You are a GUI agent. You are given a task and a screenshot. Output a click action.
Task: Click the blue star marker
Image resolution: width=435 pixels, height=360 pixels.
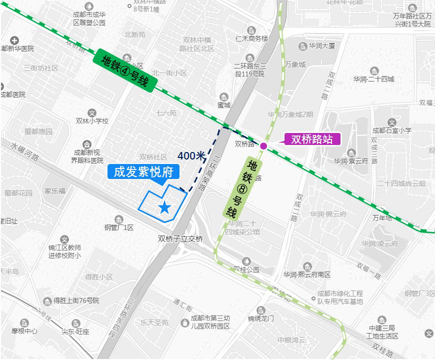click(x=164, y=206)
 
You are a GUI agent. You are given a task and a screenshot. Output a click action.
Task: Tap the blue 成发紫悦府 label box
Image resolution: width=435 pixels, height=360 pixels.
click(x=143, y=172)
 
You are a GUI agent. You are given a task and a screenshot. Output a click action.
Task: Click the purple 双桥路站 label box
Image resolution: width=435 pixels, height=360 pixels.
click(x=312, y=139)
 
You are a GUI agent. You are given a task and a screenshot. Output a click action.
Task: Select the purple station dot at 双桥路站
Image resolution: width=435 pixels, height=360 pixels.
click(x=263, y=146)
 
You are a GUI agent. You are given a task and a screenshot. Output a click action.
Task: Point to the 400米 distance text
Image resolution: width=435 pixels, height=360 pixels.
click(x=191, y=155)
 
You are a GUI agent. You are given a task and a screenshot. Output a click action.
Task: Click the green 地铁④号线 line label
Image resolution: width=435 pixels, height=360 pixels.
click(x=125, y=70)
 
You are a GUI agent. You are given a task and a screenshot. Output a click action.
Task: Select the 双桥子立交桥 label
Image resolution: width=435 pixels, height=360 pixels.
click(x=180, y=239)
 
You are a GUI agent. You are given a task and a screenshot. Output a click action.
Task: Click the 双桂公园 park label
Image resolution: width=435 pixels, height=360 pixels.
click(x=246, y=269)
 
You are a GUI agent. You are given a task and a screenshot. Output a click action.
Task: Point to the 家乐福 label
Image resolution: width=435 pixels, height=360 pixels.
click(x=54, y=191)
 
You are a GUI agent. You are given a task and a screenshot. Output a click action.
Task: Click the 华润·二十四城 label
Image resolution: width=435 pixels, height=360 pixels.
click(x=373, y=79)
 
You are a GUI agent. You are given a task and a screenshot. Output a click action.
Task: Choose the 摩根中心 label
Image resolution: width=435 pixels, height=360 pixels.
click(x=25, y=331)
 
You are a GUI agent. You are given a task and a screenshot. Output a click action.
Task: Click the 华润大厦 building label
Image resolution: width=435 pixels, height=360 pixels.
click(x=321, y=46)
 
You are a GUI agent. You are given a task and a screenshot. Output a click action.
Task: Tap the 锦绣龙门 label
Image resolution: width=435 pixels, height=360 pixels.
click(x=260, y=318)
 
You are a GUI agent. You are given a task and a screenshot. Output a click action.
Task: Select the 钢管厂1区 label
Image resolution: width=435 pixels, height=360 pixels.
click(x=119, y=227)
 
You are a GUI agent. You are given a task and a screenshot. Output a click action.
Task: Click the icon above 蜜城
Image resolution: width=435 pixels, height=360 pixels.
click(x=223, y=96)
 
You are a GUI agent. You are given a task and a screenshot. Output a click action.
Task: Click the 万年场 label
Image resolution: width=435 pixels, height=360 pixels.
click(x=382, y=218)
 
